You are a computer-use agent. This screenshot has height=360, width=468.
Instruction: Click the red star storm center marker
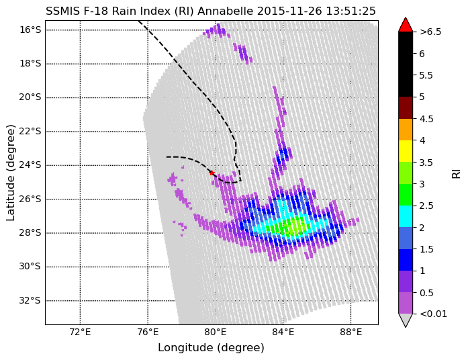coord(212,173)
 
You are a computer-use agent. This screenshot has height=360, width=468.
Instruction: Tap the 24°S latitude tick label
coord(30,165)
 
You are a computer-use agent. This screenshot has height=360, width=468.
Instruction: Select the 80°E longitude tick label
coord(215,332)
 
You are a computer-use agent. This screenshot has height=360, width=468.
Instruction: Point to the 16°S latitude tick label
coord(30,30)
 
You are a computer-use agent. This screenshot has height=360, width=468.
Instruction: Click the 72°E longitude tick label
coord(80,332)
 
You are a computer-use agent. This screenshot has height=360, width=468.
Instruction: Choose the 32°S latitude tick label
coord(30,300)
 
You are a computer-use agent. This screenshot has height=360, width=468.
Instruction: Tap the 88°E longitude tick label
coord(350,332)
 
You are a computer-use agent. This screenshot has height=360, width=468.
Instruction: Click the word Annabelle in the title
coord(226,11)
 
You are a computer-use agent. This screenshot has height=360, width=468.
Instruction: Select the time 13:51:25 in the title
coord(350,11)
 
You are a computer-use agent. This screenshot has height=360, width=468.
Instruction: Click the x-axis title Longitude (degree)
coord(211,348)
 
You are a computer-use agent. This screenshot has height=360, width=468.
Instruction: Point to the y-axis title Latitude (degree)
coord(11,173)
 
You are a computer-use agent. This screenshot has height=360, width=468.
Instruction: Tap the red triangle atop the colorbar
coord(406,25)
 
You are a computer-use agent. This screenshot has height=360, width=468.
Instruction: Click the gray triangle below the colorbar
coord(406,320)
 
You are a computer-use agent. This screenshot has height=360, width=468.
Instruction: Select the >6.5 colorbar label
coord(430,32)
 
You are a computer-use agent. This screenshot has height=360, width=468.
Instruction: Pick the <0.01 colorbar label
coord(433,314)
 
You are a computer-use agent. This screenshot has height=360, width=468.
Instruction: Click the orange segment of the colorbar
coord(406,130)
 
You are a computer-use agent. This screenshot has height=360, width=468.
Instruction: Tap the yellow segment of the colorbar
coord(406,151)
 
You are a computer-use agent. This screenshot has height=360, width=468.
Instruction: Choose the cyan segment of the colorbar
coord(406,216)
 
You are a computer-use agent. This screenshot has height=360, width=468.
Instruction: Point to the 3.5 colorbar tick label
coord(426,163)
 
